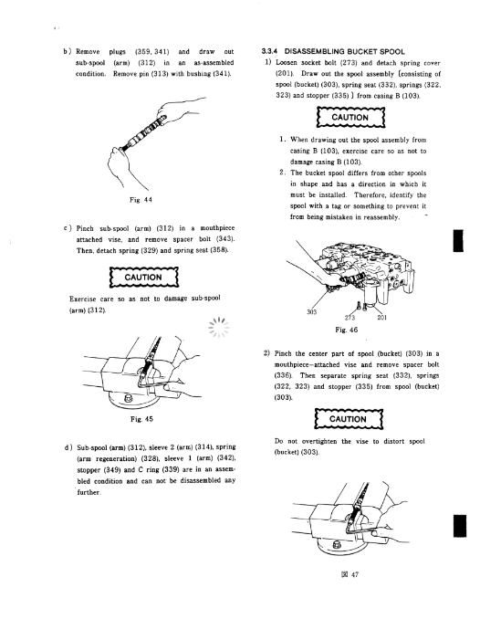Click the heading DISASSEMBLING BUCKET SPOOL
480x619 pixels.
click(344, 52)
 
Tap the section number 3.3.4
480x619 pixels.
click(269, 51)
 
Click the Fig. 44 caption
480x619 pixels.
click(141, 200)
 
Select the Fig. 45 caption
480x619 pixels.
click(141, 419)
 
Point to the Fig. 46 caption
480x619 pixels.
click(346, 330)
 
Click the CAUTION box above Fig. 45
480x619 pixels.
click(143, 278)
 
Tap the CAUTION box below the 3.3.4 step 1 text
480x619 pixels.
click(350, 117)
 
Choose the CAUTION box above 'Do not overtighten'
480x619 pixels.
click(349, 419)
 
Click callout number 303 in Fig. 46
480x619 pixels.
click(311, 312)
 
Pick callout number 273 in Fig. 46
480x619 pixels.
click(350, 318)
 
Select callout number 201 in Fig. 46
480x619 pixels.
click(381, 317)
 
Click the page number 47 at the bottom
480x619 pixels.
click(354, 575)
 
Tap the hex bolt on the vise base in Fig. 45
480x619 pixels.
click(129, 398)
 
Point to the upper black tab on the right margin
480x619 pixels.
click(458, 240)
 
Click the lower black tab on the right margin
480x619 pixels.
click(460, 526)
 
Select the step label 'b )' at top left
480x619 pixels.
click(68, 51)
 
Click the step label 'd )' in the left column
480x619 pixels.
click(68, 447)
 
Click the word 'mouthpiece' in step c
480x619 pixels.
click(217, 228)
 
